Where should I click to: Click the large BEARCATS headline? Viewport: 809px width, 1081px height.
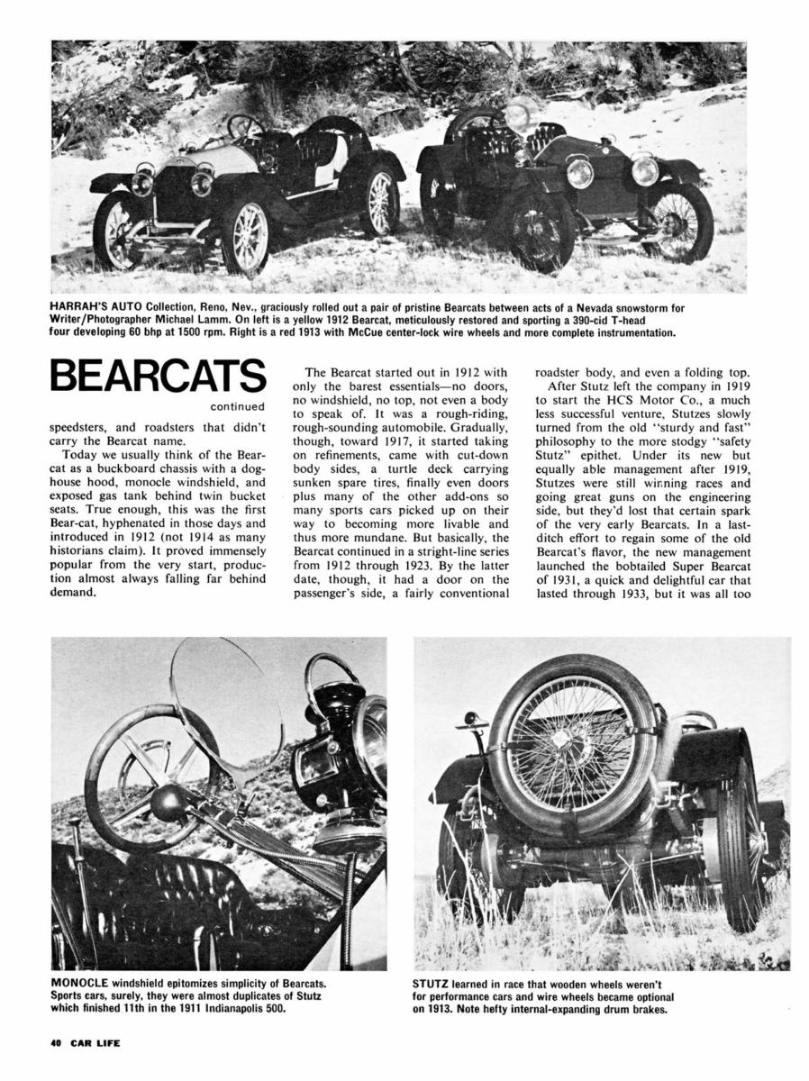(158, 376)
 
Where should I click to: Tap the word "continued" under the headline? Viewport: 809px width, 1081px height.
(238, 406)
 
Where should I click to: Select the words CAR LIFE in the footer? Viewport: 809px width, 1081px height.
(95, 1044)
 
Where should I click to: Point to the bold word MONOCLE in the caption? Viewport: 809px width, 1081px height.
(83, 981)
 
